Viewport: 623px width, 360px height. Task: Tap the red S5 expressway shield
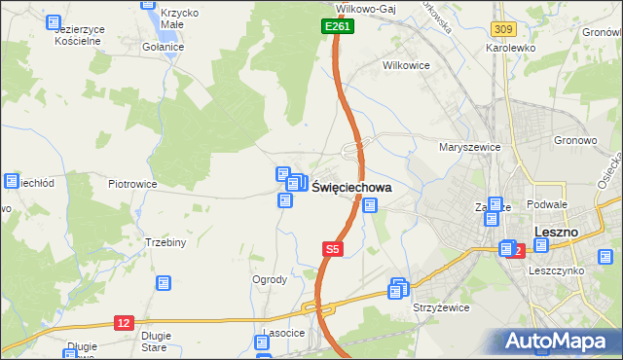(x=332, y=250)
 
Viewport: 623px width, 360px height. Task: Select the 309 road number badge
(x=502, y=32)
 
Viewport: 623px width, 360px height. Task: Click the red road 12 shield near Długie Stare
(x=123, y=322)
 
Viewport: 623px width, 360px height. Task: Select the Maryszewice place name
(x=469, y=147)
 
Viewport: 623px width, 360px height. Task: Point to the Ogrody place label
(x=270, y=279)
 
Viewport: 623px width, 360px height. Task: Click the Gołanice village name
(x=163, y=47)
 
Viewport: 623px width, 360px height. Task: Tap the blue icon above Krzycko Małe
(x=149, y=3)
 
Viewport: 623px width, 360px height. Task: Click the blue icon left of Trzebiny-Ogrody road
(x=163, y=283)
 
